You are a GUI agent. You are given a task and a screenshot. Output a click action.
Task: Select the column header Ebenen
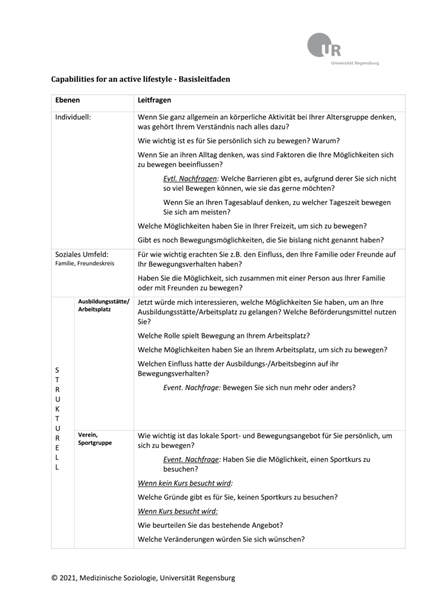click(x=68, y=102)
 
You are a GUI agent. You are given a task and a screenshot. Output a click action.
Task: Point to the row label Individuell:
click(x=73, y=118)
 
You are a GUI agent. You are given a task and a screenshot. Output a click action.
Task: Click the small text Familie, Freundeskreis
click(x=85, y=263)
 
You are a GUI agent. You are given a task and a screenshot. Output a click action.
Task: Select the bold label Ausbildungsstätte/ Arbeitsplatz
click(x=99, y=305)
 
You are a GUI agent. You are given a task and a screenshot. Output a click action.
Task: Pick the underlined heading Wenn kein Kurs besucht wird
click(x=185, y=483)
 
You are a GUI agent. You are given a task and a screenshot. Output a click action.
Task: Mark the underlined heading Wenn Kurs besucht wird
click(x=178, y=511)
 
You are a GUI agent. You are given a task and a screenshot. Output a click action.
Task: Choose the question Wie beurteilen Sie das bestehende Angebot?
click(x=210, y=525)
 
